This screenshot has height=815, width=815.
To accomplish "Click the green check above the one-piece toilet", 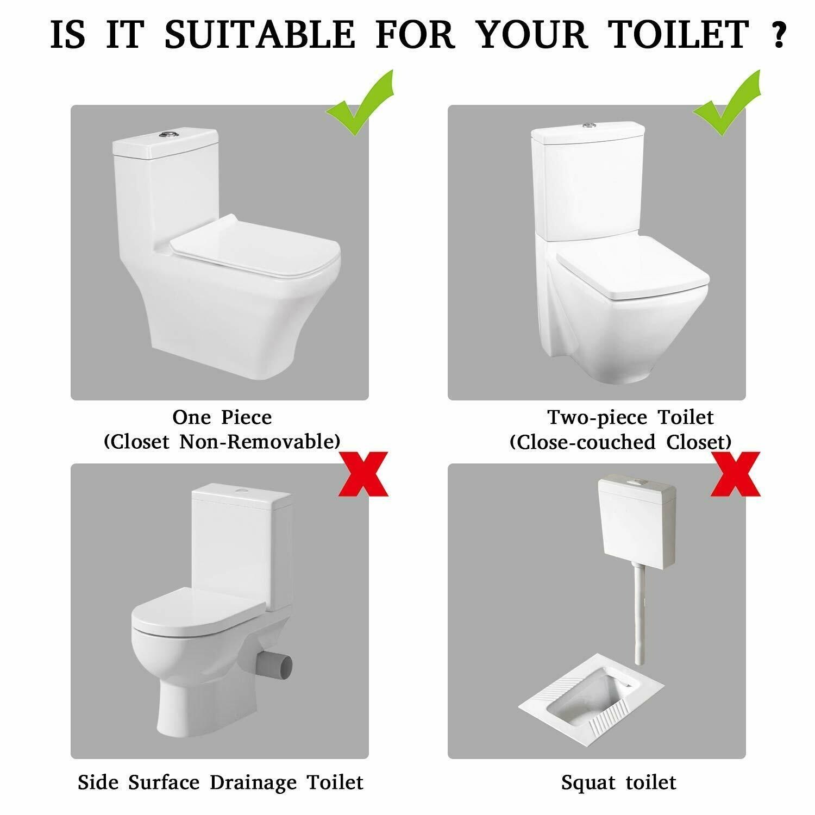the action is (359, 103).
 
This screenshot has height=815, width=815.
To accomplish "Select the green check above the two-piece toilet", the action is (726, 103).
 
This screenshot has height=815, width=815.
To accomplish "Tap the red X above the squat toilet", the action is (735, 474).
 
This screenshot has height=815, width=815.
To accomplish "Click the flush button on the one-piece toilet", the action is (167, 133).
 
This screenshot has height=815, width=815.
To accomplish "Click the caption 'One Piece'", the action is (222, 417).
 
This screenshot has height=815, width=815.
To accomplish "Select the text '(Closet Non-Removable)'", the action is (222, 441).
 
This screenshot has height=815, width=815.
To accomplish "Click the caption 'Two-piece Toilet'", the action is (630, 417).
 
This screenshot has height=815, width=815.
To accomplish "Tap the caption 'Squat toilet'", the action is (618, 783).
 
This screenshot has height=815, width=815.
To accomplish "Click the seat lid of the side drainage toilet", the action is (198, 613).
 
